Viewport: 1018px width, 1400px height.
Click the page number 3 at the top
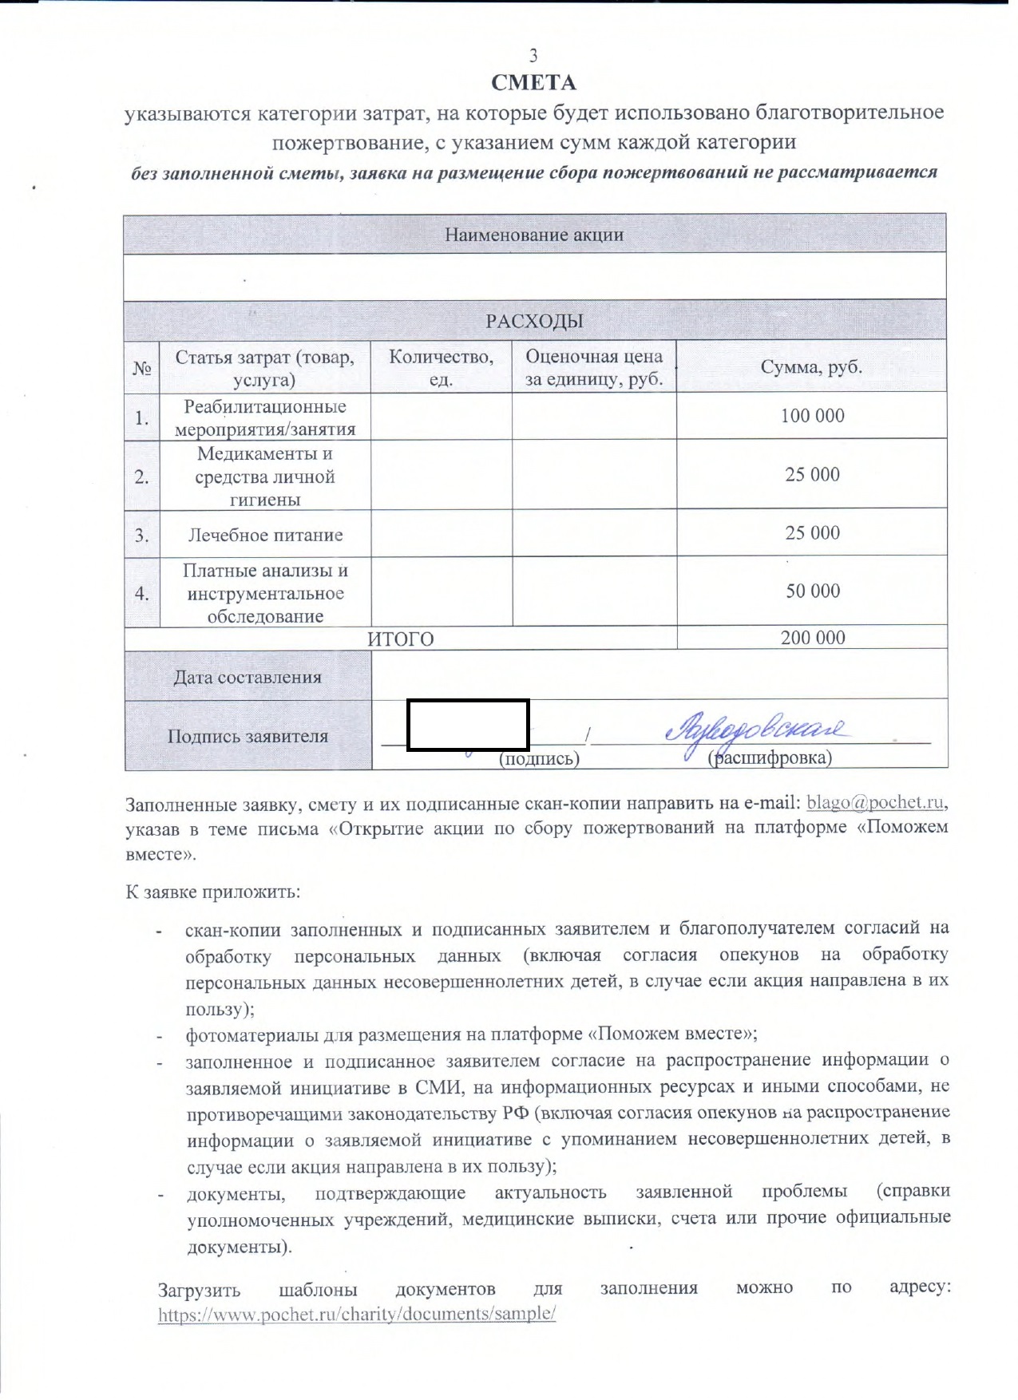pyautogui.click(x=533, y=55)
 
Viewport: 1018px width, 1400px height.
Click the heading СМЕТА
pyautogui.click(x=533, y=83)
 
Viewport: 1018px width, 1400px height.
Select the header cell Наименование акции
pyautogui.click(x=534, y=235)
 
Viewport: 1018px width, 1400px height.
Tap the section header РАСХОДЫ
pyautogui.click(x=534, y=321)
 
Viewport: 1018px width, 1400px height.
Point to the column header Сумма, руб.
pyautogui.click(x=811, y=367)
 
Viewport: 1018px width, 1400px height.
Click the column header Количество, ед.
pyautogui.click(x=441, y=367)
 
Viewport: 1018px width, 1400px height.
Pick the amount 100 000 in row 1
pyautogui.click(x=812, y=416)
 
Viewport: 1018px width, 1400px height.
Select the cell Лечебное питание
pyautogui.click(x=265, y=535)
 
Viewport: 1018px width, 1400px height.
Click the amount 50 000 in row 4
pyautogui.click(x=813, y=591)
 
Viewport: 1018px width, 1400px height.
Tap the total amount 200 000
pyautogui.click(x=813, y=638)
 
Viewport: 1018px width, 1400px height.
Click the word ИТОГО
pyautogui.click(x=401, y=639)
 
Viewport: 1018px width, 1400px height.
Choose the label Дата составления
pyautogui.click(x=248, y=678)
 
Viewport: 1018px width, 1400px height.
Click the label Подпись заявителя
pyautogui.click(x=248, y=736)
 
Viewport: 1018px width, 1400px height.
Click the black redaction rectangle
pyautogui.click(x=468, y=726)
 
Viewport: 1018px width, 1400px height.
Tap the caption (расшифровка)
pyautogui.click(x=770, y=757)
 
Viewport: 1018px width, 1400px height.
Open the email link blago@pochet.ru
pyautogui.click(x=875, y=802)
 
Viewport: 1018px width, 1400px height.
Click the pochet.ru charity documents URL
pyautogui.click(x=356, y=1314)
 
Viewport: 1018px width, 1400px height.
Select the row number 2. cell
pyautogui.click(x=142, y=477)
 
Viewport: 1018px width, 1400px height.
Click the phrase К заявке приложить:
pyautogui.click(x=212, y=892)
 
